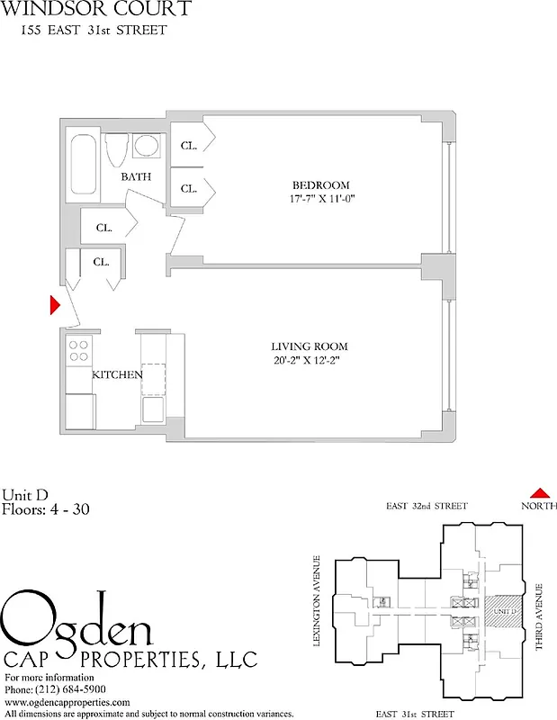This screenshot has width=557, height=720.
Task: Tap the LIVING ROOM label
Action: (310, 346)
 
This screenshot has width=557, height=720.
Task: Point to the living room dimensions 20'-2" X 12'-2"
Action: (310, 361)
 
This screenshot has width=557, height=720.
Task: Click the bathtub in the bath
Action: (82, 165)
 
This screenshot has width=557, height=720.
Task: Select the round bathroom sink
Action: (145, 147)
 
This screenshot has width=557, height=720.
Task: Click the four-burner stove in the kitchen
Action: (78, 350)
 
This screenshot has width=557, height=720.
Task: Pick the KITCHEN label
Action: (117, 374)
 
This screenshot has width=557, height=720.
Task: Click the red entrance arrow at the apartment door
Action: (54, 305)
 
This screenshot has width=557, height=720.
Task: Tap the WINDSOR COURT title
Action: (95, 10)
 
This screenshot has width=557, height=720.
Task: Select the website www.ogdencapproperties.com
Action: (67, 702)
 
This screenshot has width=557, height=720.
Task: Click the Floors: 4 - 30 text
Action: (45, 509)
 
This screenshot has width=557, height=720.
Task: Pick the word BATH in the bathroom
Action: (137, 177)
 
